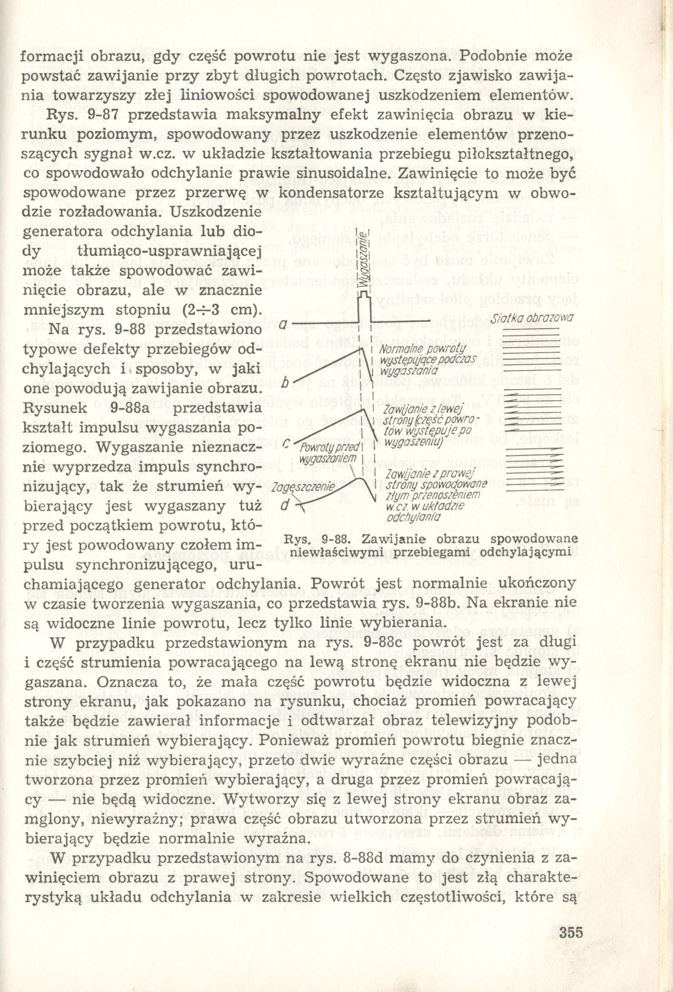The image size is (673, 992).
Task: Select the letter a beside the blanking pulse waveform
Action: click(282, 326)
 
